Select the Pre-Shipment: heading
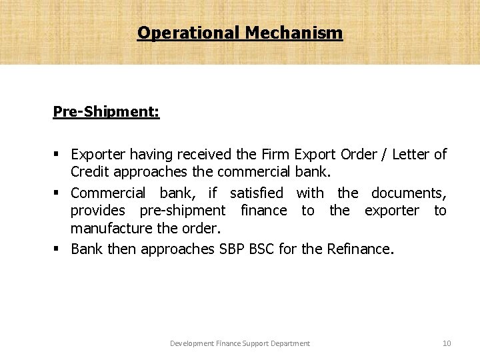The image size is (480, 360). point(106,111)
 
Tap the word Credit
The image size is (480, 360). point(90,172)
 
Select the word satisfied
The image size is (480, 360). point(257,193)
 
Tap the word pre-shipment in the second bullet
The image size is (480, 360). point(182,211)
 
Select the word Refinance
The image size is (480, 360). point(360,249)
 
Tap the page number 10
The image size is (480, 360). point(447,343)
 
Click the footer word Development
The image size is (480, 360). point(191,343)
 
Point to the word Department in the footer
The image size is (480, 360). point(291,343)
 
